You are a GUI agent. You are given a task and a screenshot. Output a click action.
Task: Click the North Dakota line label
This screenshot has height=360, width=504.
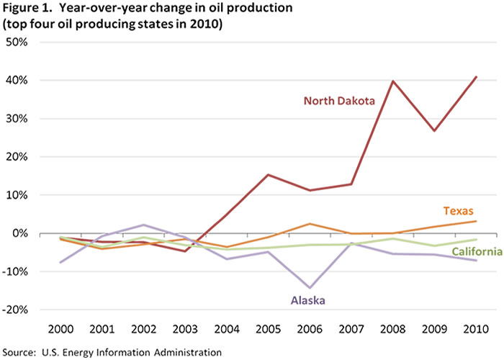click(340, 101)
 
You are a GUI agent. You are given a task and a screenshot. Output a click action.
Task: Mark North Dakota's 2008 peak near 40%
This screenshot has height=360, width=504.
click(393, 81)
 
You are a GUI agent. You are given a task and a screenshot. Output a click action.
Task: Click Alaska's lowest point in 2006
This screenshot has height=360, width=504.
click(310, 288)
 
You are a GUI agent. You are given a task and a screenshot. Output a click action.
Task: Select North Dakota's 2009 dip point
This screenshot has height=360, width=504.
click(434, 131)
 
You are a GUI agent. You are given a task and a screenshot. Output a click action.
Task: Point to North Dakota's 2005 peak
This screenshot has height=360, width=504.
click(268, 175)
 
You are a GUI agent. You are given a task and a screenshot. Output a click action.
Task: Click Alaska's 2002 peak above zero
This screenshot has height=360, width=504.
click(143, 225)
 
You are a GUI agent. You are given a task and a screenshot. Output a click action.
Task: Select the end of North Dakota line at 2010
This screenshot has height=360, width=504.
click(476, 77)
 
